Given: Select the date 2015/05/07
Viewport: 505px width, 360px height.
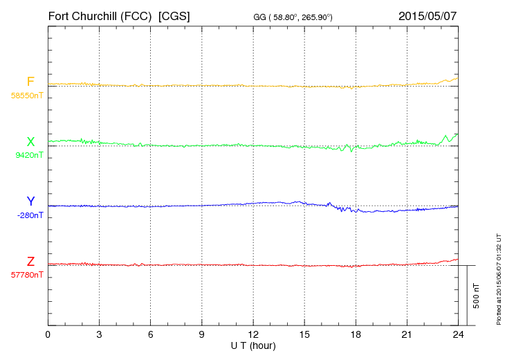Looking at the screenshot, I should pyautogui.click(x=428, y=15).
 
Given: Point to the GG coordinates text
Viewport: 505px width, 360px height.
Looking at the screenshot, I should pyautogui.click(x=293, y=17).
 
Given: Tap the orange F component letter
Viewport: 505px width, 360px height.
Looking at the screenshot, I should pyautogui.click(x=30, y=82).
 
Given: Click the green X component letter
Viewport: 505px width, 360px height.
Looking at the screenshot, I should pyautogui.click(x=30, y=142).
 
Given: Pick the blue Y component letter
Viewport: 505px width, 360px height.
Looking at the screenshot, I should pyautogui.click(x=30, y=201).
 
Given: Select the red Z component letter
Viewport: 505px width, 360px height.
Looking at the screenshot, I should pyautogui.click(x=30, y=262).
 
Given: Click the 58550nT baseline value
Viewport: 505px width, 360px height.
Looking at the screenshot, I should pyautogui.click(x=27, y=96).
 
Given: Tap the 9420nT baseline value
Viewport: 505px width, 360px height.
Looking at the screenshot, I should pyautogui.click(x=29, y=155).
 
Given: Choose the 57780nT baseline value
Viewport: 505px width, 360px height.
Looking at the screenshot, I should pyautogui.click(x=27, y=275).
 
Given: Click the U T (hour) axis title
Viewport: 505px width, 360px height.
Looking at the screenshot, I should pyautogui.click(x=253, y=345).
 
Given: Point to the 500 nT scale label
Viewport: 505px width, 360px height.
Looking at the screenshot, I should pyautogui.click(x=477, y=296).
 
